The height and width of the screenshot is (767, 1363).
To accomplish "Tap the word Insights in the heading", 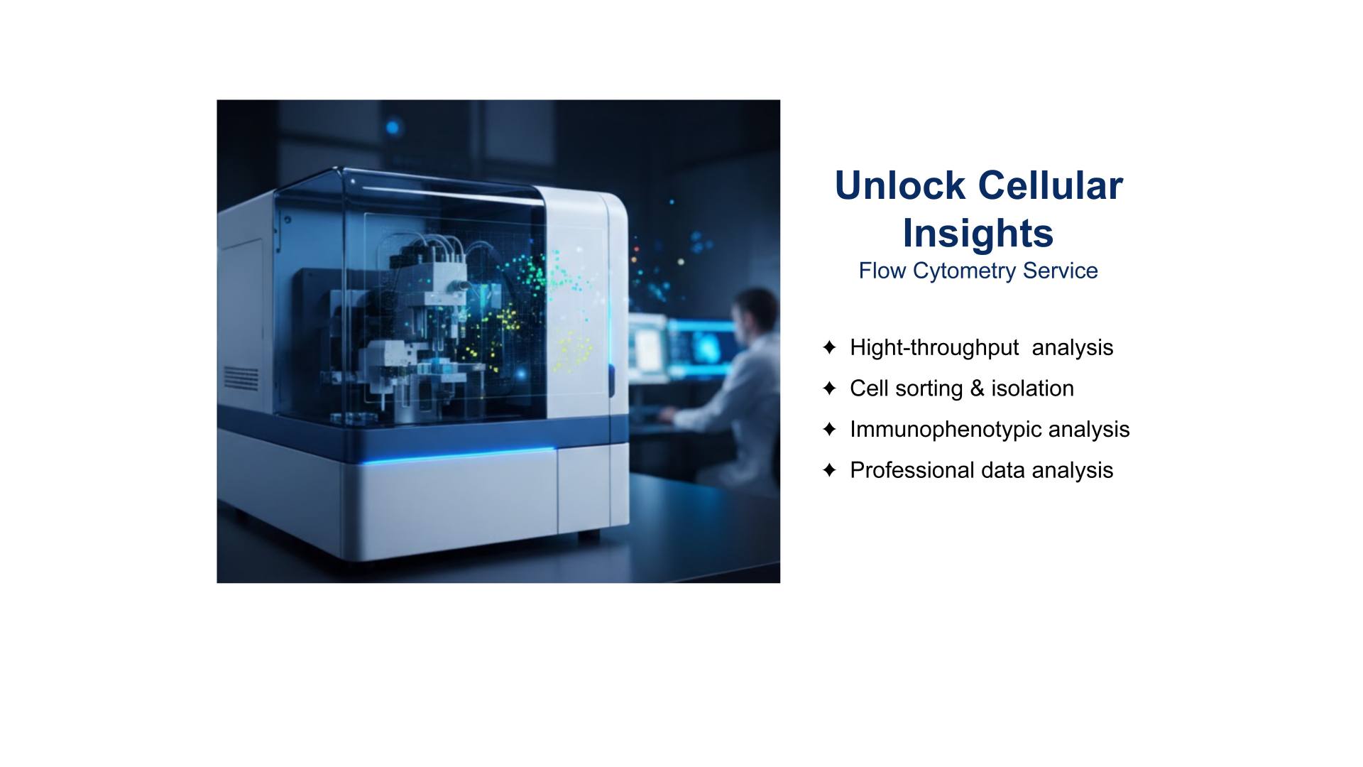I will (978, 233).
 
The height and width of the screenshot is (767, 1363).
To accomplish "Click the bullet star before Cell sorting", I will (829, 388).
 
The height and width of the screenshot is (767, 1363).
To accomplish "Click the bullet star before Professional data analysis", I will (829, 470).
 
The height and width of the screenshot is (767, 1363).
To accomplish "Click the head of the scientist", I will (756, 312).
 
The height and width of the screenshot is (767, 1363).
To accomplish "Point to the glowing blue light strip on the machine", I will (458, 456).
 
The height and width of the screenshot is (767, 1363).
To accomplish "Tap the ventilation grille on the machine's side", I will (241, 377).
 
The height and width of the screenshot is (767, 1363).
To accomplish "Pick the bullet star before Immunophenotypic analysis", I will (829, 430).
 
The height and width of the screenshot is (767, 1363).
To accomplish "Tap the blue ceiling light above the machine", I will (392, 128).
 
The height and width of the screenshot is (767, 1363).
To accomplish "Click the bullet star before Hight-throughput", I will (829, 347).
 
